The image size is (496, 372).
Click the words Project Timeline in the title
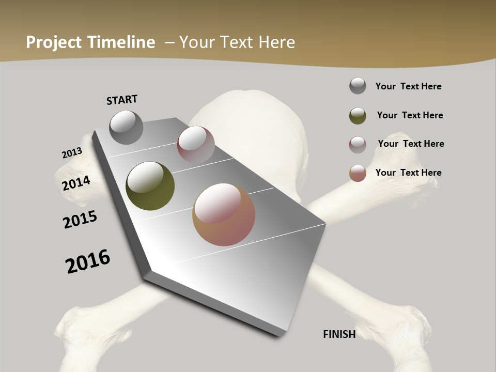[90, 42]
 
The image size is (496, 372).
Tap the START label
[122, 100]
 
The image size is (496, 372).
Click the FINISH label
[339, 334]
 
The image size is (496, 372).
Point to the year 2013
[72, 153]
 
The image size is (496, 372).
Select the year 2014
[76, 183]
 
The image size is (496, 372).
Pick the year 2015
[80, 220]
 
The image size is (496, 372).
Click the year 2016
[88, 261]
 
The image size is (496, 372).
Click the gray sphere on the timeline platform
[127, 127]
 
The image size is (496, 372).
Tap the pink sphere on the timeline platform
[196, 144]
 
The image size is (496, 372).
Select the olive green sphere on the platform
[150, 186]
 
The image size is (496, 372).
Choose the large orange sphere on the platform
[224, 214]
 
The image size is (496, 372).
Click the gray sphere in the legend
[358, 86]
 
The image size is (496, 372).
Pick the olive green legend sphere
[358, 116]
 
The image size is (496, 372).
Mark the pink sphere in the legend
[358, 145]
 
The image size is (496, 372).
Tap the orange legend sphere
[358, 173]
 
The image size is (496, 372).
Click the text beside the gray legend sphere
[408, 87]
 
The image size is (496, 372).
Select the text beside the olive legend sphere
[410, 115]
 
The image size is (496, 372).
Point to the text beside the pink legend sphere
[411, 144]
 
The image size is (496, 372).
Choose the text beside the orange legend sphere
[408, 173]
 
